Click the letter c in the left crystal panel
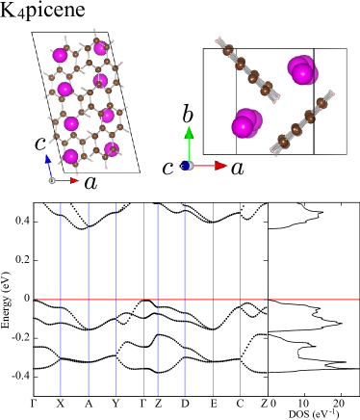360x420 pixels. pyautogui.click(x=40, y=144)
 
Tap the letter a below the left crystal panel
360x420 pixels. pyautogui.click(x=90, y=182)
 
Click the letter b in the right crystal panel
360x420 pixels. pyautogui.click(x=188, y=115)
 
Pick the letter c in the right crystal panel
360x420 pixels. pyautogui.click(x=167, y=168)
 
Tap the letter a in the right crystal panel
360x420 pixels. pyautogui.click(x=237, y=168)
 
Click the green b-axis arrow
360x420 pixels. pyautogui.click(x=189, y=143)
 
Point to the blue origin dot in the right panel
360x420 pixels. pyautogui.click(x=186, y=166)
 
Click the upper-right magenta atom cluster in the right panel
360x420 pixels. pyautogui.click(x=302, y=70)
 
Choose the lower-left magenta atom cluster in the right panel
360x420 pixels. pyautogui.click(x=244, y=123)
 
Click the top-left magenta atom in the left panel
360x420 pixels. pyautogui.click(x=60, y=55)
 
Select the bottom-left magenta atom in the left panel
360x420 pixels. pyautogui.click(x=70, y=156)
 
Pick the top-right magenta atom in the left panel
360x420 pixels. pyautogui.click(x=100, y=48)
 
